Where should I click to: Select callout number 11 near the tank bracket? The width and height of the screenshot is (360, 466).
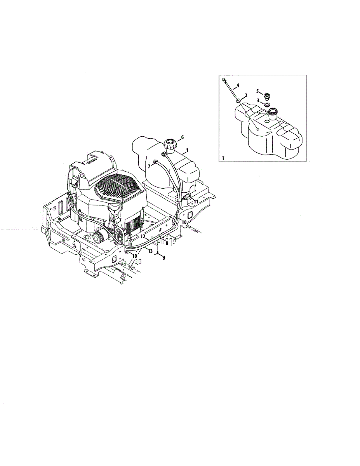click(x=196, y=202)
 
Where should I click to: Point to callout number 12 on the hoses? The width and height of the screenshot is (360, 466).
click(x=143, y=236)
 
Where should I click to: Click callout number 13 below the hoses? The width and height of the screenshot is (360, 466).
click(x=149, y=251)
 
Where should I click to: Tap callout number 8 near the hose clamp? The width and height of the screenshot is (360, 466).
click(x=167, y=243)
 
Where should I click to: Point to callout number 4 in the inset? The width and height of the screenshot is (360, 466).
click(x=238, y=85)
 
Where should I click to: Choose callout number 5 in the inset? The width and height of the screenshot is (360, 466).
click(x=257, y=91)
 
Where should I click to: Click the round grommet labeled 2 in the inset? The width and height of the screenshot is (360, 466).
click(x=238, y=101)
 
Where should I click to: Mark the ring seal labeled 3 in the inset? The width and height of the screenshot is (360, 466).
click(x=267, y=105)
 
